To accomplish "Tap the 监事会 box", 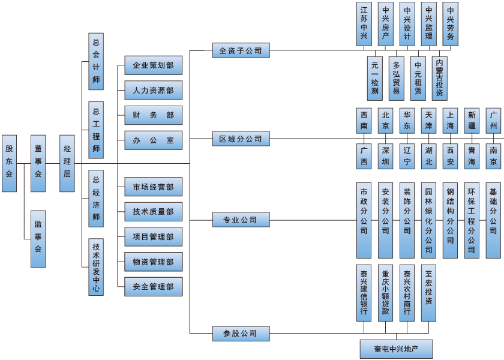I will point(38,239).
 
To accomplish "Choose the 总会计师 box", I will point(96,61).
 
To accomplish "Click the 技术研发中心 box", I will point(96,266).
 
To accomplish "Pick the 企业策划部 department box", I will point(153,65).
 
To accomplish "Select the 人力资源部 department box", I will point(153,91).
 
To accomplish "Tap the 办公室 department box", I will point(153,140).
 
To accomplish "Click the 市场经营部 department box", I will point(153,187).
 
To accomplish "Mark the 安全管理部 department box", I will point(153,287).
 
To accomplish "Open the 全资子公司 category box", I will point(241,51).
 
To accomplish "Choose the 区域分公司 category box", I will point(241,139).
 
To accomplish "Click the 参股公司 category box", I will point(241,334).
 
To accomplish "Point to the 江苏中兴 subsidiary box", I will point(364,23).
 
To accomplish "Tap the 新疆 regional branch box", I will point(472,121).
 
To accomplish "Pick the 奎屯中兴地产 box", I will point(396,349).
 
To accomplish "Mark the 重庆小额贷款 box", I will point(386,292).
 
